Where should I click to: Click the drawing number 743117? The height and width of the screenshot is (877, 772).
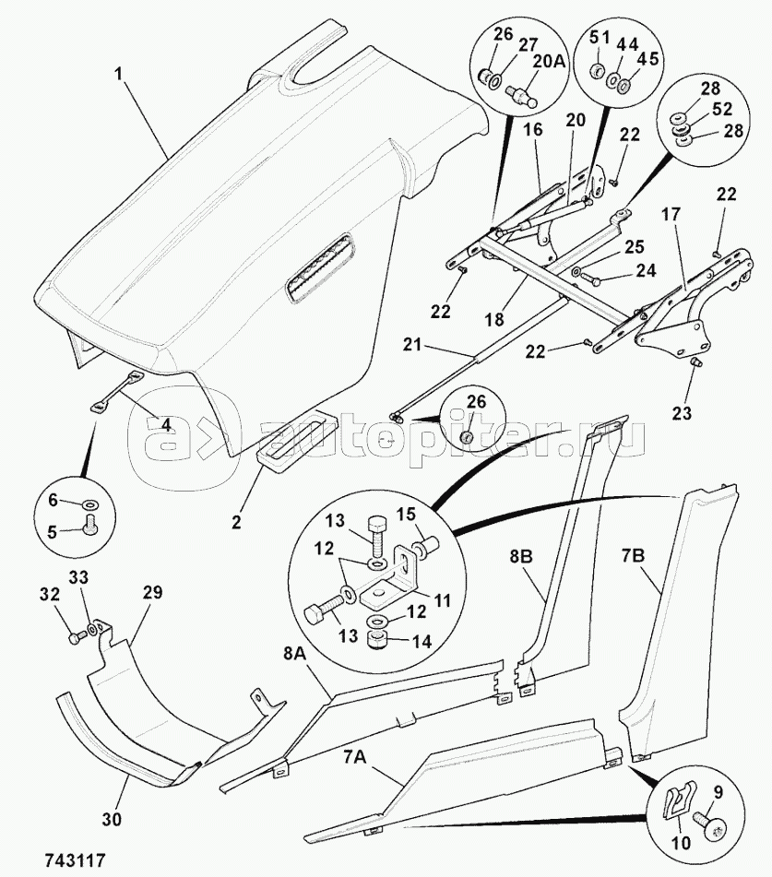click(x=75, y=859)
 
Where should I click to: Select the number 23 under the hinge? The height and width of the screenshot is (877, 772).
click(x=681, y=413)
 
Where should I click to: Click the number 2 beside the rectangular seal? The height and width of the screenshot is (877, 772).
click(x=237, y=523)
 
